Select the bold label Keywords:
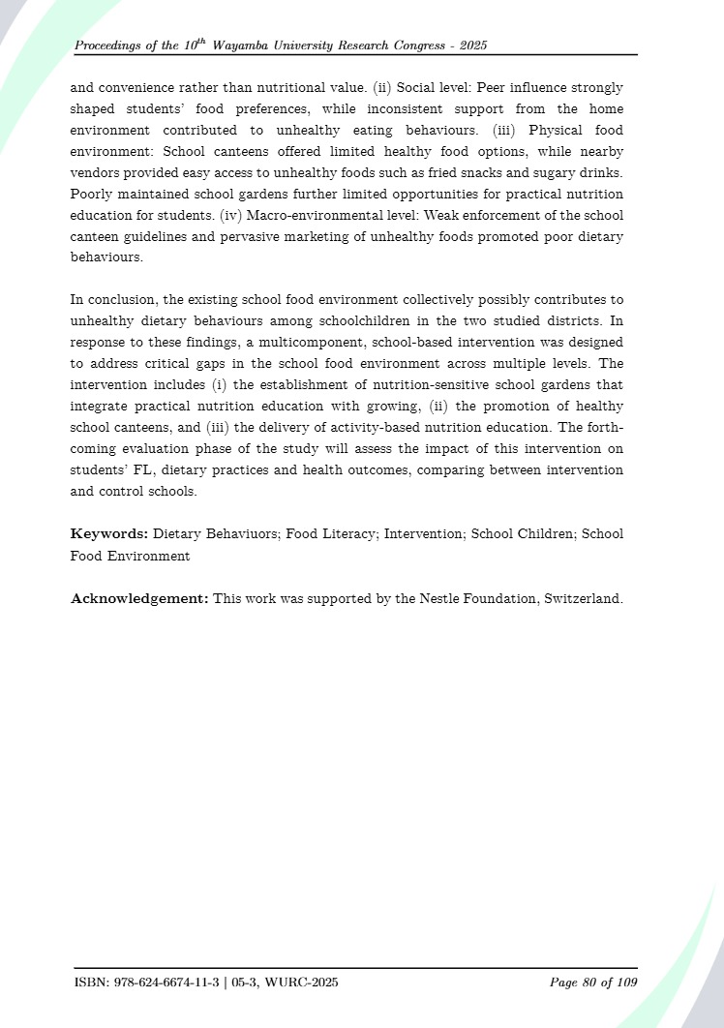pos(109,533)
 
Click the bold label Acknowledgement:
pos(139,598)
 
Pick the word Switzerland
pos(582,598)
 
